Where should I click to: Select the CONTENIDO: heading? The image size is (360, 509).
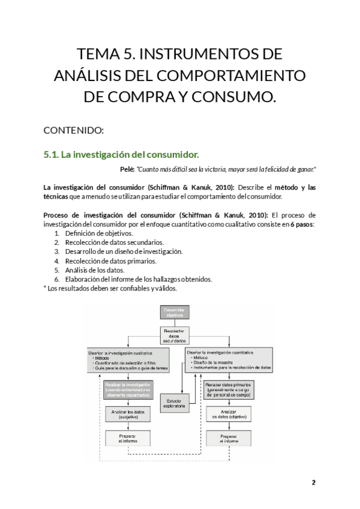74,130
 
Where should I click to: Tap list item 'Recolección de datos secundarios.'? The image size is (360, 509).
114,242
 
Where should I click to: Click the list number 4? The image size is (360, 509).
56,261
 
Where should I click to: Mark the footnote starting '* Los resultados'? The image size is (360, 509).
110,288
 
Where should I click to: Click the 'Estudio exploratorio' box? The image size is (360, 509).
175,403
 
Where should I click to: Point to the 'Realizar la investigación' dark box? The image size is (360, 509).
127,389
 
